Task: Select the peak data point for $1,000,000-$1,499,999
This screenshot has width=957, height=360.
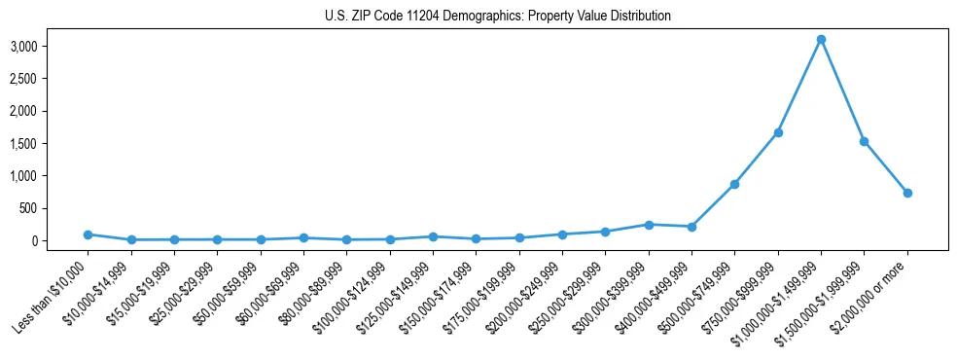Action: coord(821,39)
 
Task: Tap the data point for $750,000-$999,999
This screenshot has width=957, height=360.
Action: coord(778,132)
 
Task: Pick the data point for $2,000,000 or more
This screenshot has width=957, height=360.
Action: coord(907,193)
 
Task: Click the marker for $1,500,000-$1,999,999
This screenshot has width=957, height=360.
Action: coord(864,141)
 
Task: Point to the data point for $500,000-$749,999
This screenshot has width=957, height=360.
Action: coord(735,184)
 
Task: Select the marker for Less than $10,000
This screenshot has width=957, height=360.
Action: coord(89,234)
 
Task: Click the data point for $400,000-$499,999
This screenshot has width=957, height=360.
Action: coord(691,227)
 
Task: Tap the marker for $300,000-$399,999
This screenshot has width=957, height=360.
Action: coord(649,225)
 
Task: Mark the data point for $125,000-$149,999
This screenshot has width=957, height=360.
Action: coord(433,236)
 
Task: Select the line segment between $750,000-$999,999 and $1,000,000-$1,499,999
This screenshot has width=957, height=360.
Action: coord(799,86)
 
